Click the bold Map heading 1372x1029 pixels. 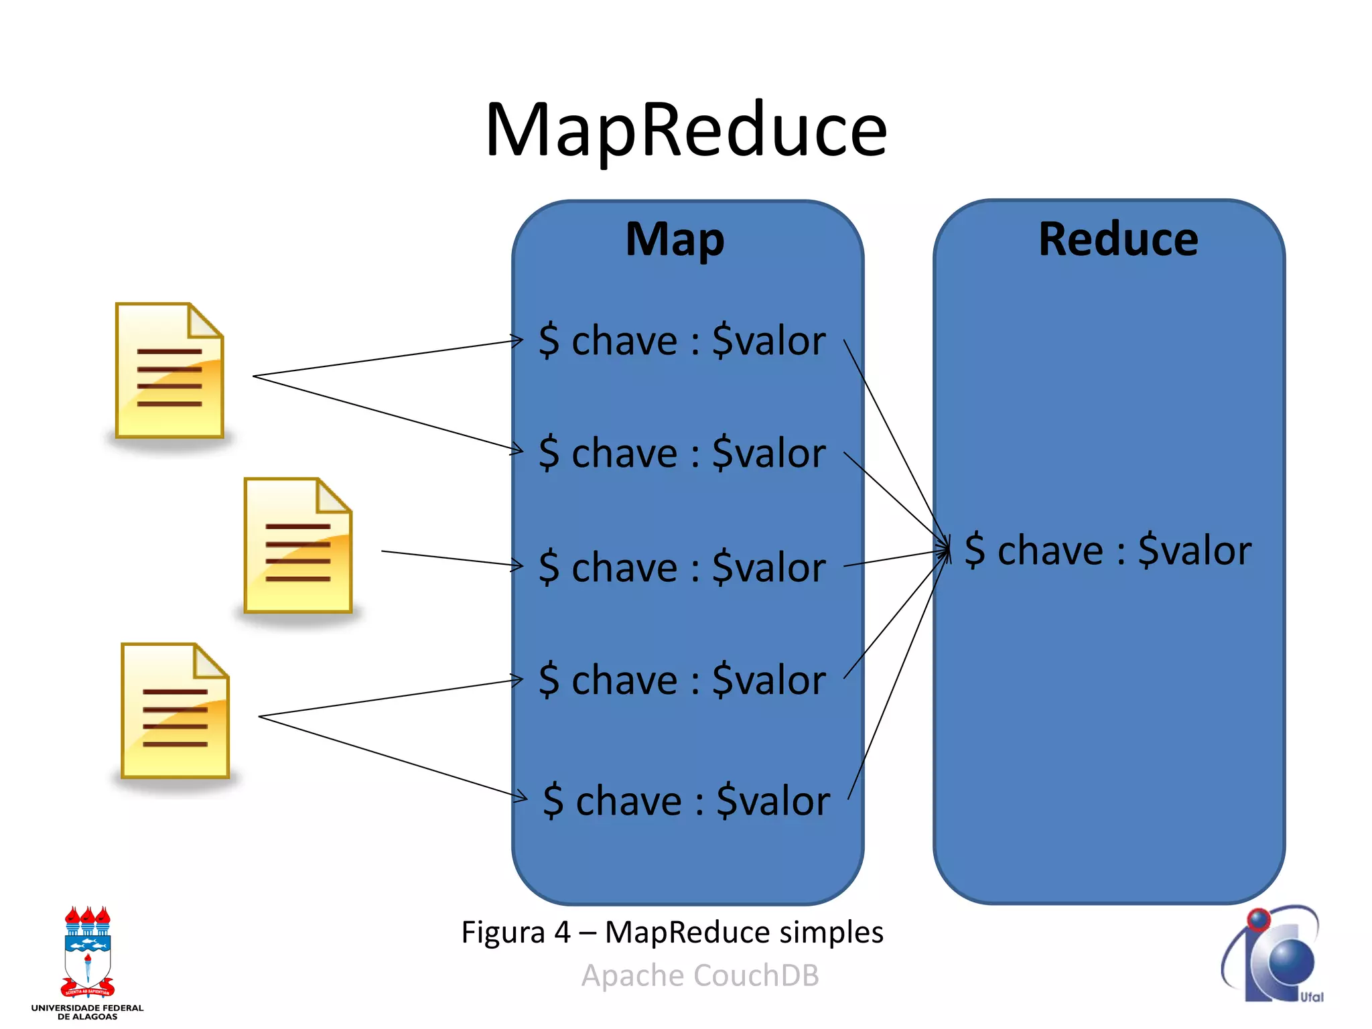[675, 239]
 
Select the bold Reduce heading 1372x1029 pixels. [1118, 239]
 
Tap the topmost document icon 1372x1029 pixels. [169, 370]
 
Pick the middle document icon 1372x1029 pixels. [298, 545]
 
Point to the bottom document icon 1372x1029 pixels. [175, 711]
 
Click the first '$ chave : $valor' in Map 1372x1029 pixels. [681, 340]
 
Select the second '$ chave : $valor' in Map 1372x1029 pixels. [681, 453]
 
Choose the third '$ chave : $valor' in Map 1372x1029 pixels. [681, 567]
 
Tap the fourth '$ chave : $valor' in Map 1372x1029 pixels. [681, 679]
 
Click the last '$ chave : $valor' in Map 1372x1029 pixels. [686, 800]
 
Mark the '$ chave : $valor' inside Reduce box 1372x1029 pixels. [1107, 550]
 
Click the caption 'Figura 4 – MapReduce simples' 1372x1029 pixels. [672, 932]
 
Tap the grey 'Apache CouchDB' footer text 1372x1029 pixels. [700, 975]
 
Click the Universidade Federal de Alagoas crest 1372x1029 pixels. [88, 951]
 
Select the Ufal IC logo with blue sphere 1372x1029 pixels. [1273, 954]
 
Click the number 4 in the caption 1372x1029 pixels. [561, 932]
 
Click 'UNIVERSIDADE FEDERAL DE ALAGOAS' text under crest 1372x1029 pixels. [88, 1012]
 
